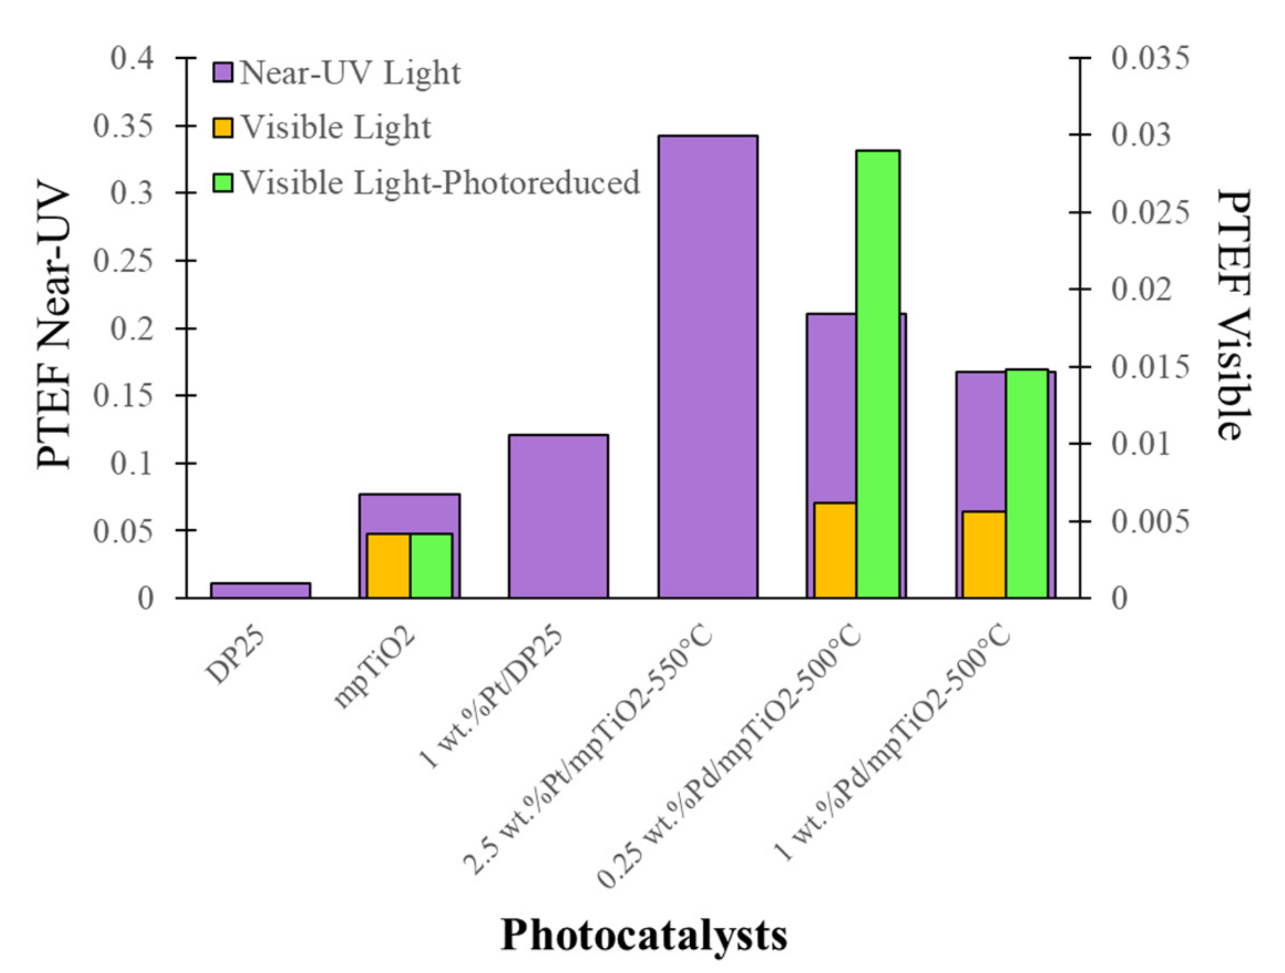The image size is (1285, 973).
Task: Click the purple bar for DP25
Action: [260, 590]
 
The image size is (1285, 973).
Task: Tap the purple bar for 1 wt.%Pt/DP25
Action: [558, 516]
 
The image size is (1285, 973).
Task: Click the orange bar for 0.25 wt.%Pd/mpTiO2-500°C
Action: [835, 550]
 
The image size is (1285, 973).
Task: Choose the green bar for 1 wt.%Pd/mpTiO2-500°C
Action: [1027, 483]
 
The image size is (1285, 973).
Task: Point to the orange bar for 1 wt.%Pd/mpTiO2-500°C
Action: [984, 554]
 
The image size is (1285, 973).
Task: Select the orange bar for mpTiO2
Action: [389, 565]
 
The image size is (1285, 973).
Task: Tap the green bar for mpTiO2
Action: [431, 565]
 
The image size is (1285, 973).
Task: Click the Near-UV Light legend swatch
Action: [223, 73]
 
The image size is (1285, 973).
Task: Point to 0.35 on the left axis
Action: [123, 126]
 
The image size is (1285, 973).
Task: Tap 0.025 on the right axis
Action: [1150, 213]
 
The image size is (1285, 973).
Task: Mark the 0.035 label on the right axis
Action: [1150, 58]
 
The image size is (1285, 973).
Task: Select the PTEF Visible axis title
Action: [1233, 315]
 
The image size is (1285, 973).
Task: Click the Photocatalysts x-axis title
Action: [644, 935]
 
